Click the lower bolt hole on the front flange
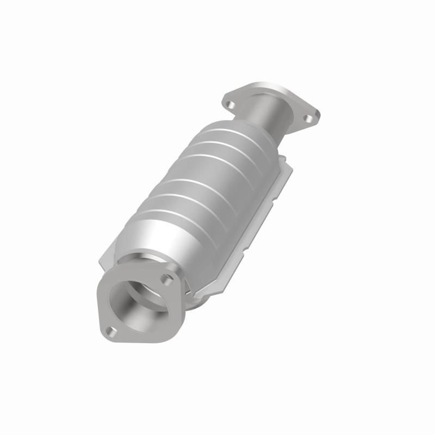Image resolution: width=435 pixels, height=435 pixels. pos(111,330)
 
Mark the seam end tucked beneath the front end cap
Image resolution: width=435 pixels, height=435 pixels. pos(196,296)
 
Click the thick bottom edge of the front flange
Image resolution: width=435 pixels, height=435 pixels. pos(147,340)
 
